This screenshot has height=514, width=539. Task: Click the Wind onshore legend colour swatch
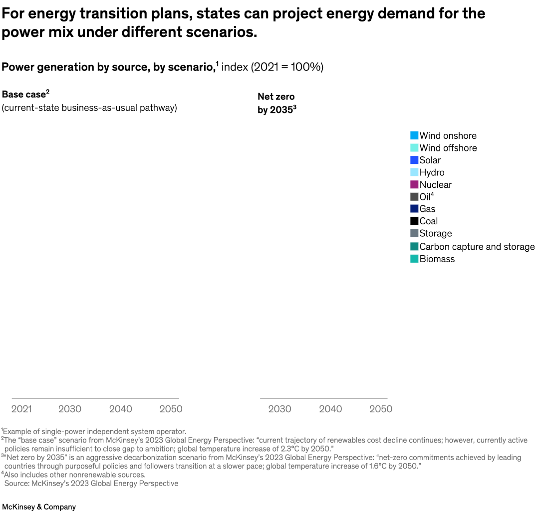tap(414, 135)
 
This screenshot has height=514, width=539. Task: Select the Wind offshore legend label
tap(448, 148)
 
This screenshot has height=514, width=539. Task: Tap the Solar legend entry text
tap(430, 160)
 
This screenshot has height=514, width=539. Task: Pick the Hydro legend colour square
tap(414, 172)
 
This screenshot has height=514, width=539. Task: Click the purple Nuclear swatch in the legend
tap(414, 184)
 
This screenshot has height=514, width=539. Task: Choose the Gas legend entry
tap(427, 209)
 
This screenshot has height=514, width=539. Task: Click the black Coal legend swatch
tap(414, 221)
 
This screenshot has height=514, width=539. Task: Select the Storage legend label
tap(435, 233)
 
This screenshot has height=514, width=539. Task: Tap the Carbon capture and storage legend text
tap(477, 246)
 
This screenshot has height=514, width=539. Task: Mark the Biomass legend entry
tap(437, 259)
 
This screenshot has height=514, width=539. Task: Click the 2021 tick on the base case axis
tap(21, 409)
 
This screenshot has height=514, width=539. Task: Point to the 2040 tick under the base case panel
tap(120, 409)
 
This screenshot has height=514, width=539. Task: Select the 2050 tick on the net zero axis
tap(381, 409)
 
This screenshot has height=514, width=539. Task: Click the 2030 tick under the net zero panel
tap(279, 409)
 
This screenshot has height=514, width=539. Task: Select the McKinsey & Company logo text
tap(39, 507)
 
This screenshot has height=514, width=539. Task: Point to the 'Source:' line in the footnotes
tap(91, 483)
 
